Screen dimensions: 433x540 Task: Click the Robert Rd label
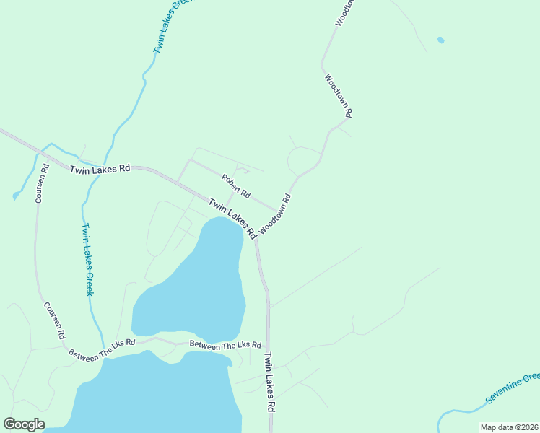[236, 187]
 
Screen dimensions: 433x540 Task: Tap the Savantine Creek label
[512, 389]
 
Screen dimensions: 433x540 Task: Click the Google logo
[24, 424]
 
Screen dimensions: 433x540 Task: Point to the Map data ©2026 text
[510, 427]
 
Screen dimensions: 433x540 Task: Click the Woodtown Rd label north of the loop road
[338, 95]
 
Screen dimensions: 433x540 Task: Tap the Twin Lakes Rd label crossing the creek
[100, 169]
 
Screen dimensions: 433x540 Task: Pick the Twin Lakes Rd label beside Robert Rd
[232, 219]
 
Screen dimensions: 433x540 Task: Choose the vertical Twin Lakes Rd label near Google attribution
[269, 382]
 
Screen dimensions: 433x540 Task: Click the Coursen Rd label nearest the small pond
[42, 183]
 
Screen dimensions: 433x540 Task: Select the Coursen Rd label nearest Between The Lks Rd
[55, 320]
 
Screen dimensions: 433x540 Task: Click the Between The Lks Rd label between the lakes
[225, 345]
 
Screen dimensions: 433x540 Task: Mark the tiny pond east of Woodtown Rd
[440, 40]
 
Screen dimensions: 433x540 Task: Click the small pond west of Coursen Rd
[16, 195]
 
